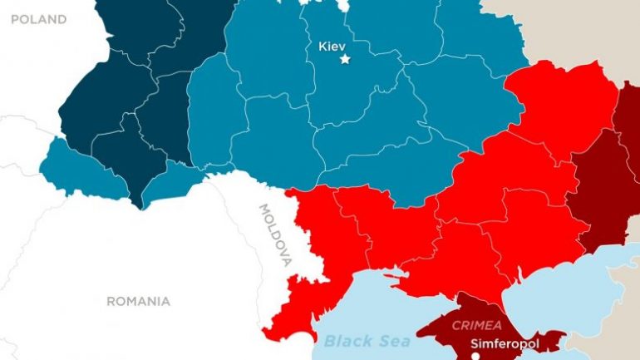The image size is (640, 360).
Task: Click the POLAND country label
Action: [x=38, y=19]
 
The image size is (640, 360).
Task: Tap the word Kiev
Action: [x=332, y=46]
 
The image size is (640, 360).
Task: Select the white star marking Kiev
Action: [x=346, y=59]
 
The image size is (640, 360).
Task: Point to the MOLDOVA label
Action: [x=275, y=234]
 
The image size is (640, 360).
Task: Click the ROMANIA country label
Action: [x=138, y=301]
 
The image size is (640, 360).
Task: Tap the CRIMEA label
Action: [x=476, y=326]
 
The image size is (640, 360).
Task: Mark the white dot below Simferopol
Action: [x=475, y=356]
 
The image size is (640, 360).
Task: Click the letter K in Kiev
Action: [x=322, y=46]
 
